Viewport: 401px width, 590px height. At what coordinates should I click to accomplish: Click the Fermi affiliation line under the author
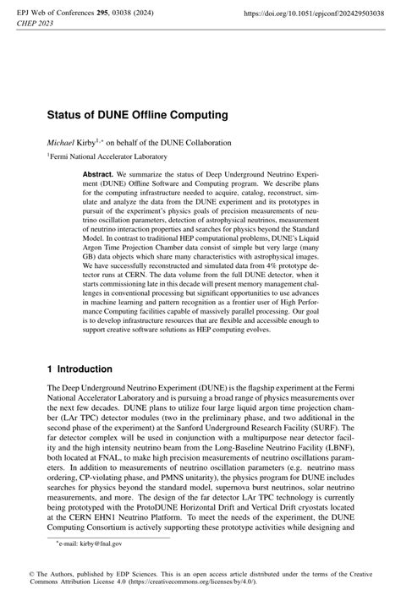(x=107, y=156)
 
